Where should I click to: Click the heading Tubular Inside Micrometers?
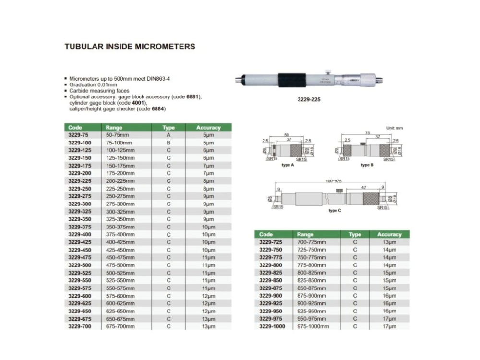click(130, 47)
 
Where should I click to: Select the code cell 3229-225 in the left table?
click(79, 181)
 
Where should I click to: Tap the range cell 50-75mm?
click(118, 135)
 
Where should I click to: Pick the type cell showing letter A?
click(168, 135)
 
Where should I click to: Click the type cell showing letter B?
click(168, 143)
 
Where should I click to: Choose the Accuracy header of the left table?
click(208, 128)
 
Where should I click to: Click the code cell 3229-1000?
click(273, 326)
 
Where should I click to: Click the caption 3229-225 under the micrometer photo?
click(309, 100)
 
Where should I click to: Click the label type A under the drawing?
click(287, 165)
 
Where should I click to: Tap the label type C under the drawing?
click(332, 211)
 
